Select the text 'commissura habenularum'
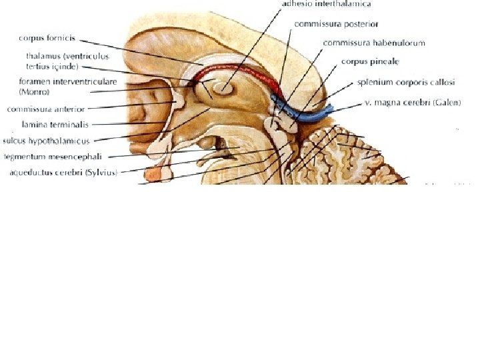(x=373, y=43)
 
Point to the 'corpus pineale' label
(x=370, y=61)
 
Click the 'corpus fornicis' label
(x=45, y=39)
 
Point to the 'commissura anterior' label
(x=45, y=107)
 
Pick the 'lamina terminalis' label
(x=54, y=124)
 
